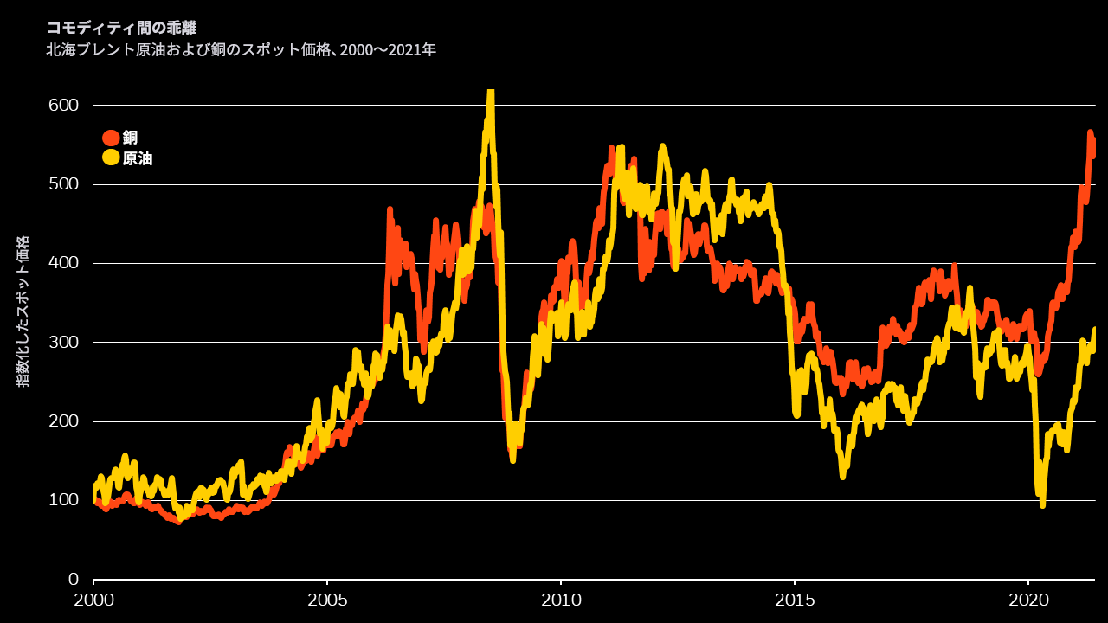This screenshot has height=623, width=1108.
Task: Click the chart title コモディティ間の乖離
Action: (121, 29)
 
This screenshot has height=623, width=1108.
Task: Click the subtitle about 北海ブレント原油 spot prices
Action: (241, 50)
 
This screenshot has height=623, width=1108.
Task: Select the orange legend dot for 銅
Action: (111, 138)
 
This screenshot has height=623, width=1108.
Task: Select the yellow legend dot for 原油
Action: (111, 157)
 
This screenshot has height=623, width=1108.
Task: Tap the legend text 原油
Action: (138, 158)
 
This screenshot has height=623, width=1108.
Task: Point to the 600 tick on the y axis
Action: (63, 105)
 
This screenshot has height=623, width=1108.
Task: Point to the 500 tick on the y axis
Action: (63, 184)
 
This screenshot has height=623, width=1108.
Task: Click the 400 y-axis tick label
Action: (63, 263)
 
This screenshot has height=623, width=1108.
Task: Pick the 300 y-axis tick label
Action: (63, 342)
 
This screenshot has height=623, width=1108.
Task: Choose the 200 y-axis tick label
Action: (63, 421)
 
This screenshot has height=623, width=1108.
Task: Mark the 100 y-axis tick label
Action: (63, 500)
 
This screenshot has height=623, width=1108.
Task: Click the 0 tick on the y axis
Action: (74, 579)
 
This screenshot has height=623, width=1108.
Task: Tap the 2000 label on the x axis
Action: (93, 599)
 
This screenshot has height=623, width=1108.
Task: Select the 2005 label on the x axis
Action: (327, 599)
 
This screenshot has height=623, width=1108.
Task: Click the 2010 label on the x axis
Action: (561, 599)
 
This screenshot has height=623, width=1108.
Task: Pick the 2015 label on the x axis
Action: (795, 599)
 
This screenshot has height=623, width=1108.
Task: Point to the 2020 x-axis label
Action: (1028, 599)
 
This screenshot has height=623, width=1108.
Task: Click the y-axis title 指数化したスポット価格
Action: (23, 311)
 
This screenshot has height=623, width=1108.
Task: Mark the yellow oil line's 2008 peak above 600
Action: (491, 93)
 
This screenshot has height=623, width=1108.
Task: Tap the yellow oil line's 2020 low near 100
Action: (1042, 504)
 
